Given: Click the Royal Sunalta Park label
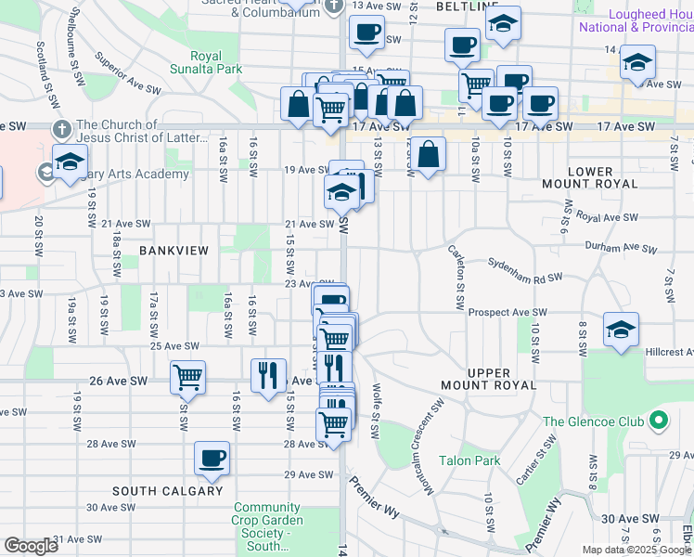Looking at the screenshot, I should [x=206, y=62].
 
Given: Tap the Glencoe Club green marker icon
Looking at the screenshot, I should [x=660, y=421].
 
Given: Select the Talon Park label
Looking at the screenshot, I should [x=469, y=460].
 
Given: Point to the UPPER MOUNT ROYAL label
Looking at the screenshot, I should [x=501, y=378].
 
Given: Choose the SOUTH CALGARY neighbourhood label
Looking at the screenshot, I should [x=167, y=490].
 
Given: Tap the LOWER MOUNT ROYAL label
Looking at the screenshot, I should [x=590, y=177].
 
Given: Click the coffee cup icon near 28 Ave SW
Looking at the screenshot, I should [x=212, y=457].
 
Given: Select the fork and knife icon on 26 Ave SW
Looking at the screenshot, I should [x=268, y=375].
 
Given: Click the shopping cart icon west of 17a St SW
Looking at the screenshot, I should [x=187, y=377].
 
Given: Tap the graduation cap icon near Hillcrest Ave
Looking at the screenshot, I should [x=621, y=329].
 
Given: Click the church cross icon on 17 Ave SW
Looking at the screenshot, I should [x=61, y=127].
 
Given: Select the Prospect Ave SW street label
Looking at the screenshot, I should [x=508, y=313].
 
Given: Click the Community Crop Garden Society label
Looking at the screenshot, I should [x=267, y=525].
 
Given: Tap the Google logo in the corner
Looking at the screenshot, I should [x=31, y=546].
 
